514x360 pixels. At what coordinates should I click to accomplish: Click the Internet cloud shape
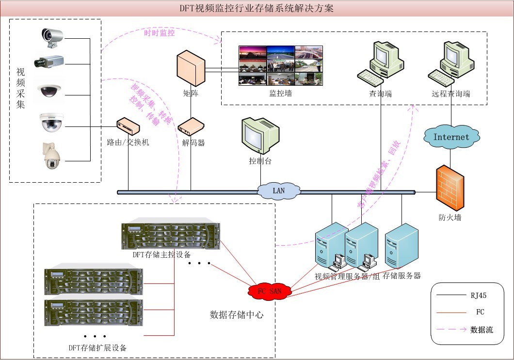(451, 137)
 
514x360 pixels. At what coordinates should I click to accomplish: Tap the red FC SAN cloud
(269, 291)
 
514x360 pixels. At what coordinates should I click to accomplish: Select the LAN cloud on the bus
(278, 191)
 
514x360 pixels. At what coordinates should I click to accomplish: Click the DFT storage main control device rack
(171, 236)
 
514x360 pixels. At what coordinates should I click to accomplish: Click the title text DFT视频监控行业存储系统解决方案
(257, 9)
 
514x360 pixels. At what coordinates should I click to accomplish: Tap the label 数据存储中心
(237, 315)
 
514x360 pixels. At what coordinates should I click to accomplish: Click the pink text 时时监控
(159, 33)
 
